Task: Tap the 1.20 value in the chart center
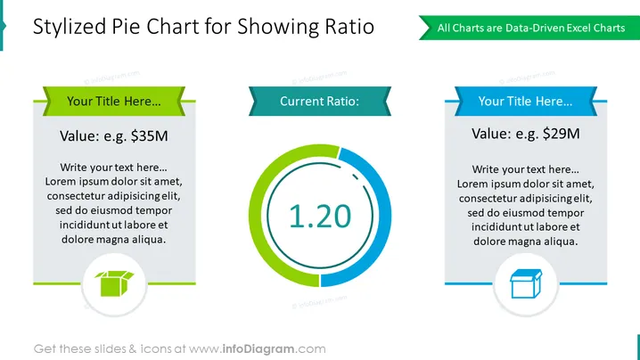click(x=320, y=216)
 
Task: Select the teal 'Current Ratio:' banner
click(x=320, y=102)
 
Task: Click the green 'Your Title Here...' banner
click(x=114, y=102)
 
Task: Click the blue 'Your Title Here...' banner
click(x=526, y=102)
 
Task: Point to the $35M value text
click(x=149, y=136)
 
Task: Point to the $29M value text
click(x=561, y=134)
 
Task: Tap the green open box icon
click(x=114, y=283)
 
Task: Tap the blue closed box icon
click(x=526, y=283)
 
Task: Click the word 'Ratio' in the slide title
click(x=349, y=27)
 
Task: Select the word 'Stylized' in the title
click(x=70, y=28)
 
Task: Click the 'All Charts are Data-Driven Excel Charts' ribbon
click(x=529, y=28)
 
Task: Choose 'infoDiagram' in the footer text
click(x=258, y=349)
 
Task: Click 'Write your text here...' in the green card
click(x=113, y=168)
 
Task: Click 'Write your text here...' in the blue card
click(x=526, y=169)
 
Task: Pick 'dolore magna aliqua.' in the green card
click(x=113, y=239)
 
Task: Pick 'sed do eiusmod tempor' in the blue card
click(x=526, y=213)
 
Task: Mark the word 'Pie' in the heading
click(x=126, y=27)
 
